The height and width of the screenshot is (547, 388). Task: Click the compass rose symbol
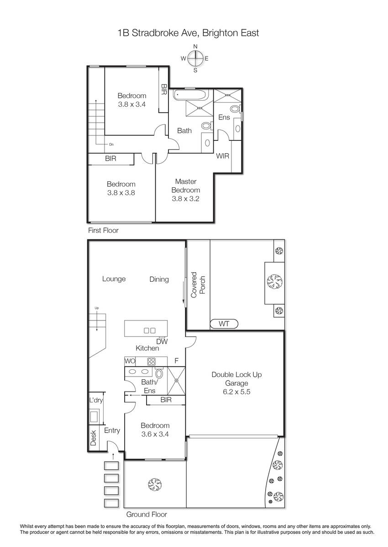tap(195, 58)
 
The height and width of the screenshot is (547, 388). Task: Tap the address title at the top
tap(188, 33)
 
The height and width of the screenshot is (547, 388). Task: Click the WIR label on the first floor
tap(222, 156)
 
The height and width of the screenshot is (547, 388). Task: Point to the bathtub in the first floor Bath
tap(191, 95)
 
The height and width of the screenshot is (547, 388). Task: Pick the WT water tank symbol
tap(224, 324)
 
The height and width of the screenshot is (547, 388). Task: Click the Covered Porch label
tap(198, 285)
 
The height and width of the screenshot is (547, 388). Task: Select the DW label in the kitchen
tap(162, 341)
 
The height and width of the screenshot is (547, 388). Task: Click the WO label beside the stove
tap(130, 361)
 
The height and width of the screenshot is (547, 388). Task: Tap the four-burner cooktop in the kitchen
tap(152, 361)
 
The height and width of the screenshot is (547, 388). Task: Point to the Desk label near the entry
tap(94, 438)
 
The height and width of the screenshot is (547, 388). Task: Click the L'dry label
tap(96, 400)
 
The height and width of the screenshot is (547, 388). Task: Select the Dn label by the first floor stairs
tap(111, 144)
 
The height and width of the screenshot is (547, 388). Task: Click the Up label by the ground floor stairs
tap(97, 308)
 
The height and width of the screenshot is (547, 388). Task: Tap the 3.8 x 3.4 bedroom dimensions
tap(132, 104)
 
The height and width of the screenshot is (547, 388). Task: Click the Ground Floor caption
tap(147, 514)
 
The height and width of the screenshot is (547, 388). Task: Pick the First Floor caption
tap(103, 230)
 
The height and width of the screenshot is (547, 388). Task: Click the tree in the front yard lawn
tap(155, 484)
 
